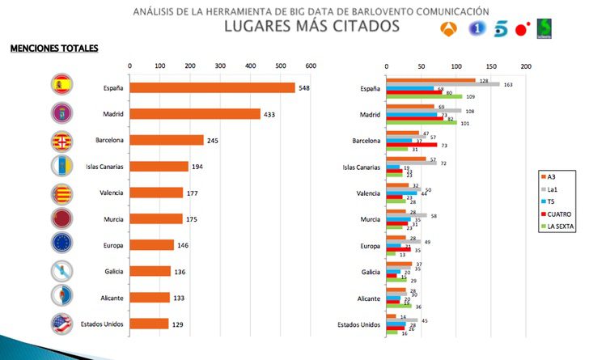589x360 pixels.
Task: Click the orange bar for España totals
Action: coord(212,87)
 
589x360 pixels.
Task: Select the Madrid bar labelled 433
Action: coord(195,114)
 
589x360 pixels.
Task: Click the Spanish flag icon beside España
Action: coord(63,85)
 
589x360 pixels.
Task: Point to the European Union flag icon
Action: coord(63,244)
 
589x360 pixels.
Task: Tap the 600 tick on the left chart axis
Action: coord(310,66)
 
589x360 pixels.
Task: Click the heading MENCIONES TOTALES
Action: coord(54,49)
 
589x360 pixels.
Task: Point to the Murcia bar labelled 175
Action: coord(156,218)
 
